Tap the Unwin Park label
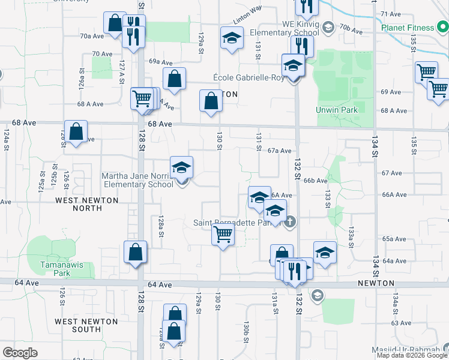click(337, 110)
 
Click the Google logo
click(20, 353)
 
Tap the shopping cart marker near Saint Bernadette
click(222, 235)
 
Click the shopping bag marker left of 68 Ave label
click(76, 133)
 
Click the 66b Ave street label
click(315, 181)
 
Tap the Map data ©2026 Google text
click(412, 355)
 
